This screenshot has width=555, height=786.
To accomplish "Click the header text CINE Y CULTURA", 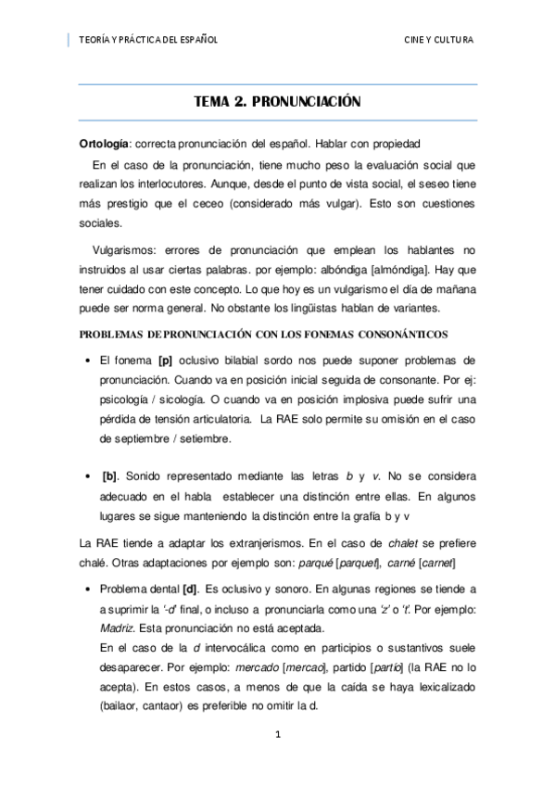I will pyautogui.click(x=438, y=40).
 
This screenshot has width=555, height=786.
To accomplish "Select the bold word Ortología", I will pyautogui.click(x=104, y=144).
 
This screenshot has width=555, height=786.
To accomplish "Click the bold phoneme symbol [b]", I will pyautogui.click(x=109, y=476).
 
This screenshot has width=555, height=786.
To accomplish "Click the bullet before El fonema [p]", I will pyautogui.click(x=86, y=360).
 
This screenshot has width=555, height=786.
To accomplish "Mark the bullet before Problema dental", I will pyautogui.click(x=86, y=589).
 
